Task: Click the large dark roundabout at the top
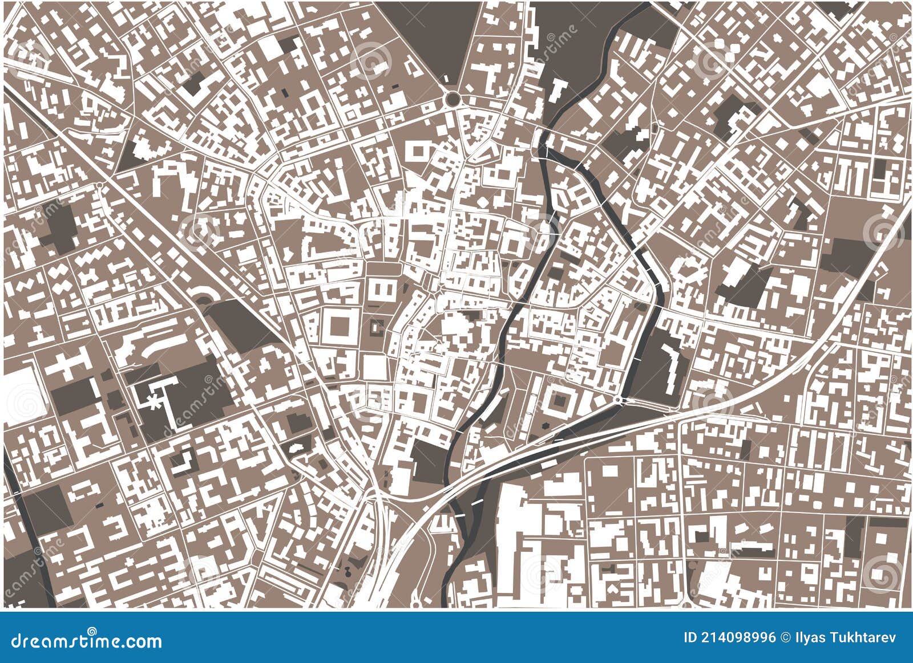point(453,99)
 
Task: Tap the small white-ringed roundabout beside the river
point(618,401)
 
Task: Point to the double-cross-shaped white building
point(67,365)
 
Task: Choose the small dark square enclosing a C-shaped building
point(376,327)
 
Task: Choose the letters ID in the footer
point(690,637)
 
